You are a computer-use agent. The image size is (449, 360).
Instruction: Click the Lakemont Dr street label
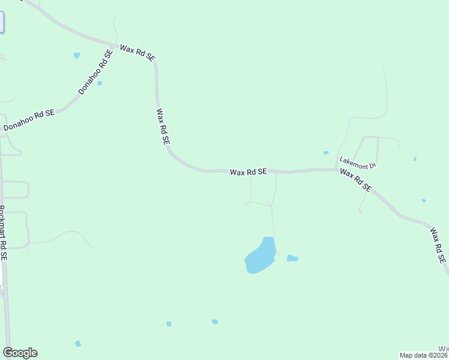click(357, 163)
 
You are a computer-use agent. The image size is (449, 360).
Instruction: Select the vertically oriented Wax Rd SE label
click(163, 126)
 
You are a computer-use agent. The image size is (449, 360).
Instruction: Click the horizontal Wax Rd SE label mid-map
click(248, 172)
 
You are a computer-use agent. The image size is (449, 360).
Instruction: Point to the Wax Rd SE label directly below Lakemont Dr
click(355, 181)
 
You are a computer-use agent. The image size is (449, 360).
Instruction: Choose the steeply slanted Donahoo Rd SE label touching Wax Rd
click(95, 72)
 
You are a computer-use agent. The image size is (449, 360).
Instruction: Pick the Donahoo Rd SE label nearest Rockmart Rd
click(29, 119)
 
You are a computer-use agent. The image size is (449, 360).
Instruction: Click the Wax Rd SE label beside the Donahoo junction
click(137, 52)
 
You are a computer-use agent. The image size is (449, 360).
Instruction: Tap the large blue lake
click(260, 256)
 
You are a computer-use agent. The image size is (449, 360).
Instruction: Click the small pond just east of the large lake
click(292, 259)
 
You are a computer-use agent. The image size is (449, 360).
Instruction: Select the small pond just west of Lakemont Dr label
click(326, 153)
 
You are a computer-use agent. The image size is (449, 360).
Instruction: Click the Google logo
click(20, 353)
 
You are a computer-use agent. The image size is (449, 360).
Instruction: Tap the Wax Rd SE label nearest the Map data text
click(437, 245)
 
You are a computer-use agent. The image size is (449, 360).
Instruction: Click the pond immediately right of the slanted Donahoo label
click(100, 83)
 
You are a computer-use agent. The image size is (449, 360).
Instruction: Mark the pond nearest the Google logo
click(77, 344)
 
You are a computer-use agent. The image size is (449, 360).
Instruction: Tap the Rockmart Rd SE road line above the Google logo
click(6, 300)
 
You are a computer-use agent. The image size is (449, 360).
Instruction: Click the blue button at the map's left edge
click(2, 22)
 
